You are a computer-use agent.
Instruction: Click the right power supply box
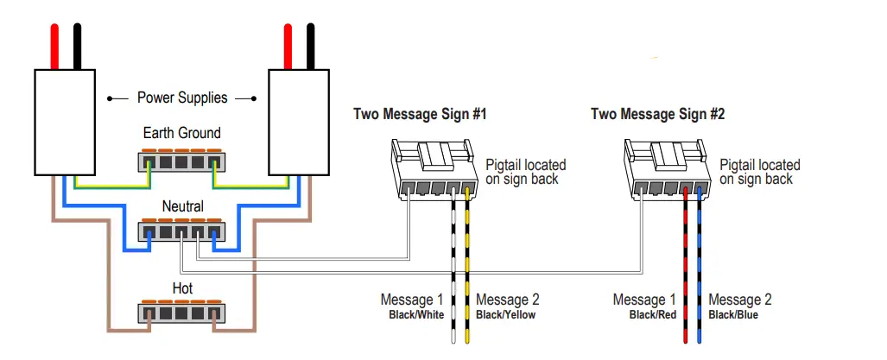(x=298, y=122)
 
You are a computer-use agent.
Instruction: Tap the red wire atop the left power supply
(x=55, y=47)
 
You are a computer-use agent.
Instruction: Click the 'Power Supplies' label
(x=182, y=98)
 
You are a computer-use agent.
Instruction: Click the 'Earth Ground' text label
(x=181, y=133)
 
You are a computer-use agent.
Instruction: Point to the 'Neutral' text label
(x=182, y=207)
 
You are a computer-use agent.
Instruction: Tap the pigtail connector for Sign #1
(x=434, y=173)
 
